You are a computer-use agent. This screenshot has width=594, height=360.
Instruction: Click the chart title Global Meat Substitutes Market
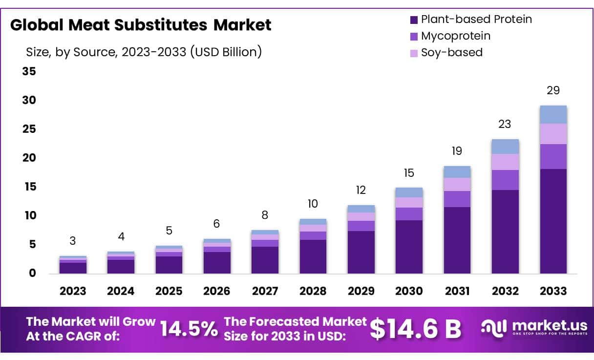click(x=141, y=25)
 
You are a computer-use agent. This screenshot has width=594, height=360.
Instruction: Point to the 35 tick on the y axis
click(x=29, y=71)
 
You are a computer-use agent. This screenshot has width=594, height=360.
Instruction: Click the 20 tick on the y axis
click(x=29, y=158)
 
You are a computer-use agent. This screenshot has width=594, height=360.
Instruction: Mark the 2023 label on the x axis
click(x=73, y=291)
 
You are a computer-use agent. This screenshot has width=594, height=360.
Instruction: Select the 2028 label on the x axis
click(x=313, y=291)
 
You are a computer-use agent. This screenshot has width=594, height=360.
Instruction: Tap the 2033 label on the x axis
click(x=553, y=291)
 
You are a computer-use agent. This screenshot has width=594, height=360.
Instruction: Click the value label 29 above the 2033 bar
click(x=553, y=90)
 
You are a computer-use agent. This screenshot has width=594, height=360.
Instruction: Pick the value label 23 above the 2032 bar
click(x=505, y=124)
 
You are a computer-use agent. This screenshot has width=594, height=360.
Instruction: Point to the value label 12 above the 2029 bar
click(x=361, y=190)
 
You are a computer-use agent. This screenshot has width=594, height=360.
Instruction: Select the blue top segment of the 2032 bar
click(x=505, y=147)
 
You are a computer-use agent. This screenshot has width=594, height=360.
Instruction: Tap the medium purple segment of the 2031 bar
click(x=457, y=199)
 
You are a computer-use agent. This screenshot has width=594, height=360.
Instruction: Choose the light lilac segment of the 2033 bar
click(x=553, y=133)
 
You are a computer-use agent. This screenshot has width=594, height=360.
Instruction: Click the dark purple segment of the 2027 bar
click(x=265, y=260)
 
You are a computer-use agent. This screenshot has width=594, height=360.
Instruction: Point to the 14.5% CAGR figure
click(x=189, y=329)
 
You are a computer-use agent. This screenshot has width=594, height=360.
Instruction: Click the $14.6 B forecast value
click(x=415, y=329)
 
